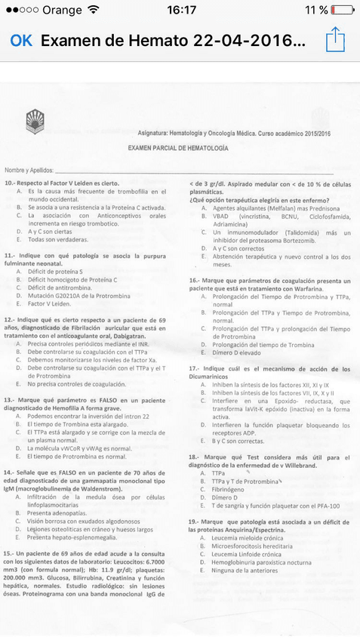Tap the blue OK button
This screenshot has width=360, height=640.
(21, 40)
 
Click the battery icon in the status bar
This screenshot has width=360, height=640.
(341, 10)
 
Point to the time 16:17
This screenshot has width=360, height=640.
(181, 10)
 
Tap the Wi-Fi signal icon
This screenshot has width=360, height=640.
(93, 10)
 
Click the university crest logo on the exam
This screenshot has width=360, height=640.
(36, 120)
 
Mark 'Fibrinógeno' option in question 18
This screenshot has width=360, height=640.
(232, 489)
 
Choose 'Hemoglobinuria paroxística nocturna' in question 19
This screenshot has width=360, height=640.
(262, 562)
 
